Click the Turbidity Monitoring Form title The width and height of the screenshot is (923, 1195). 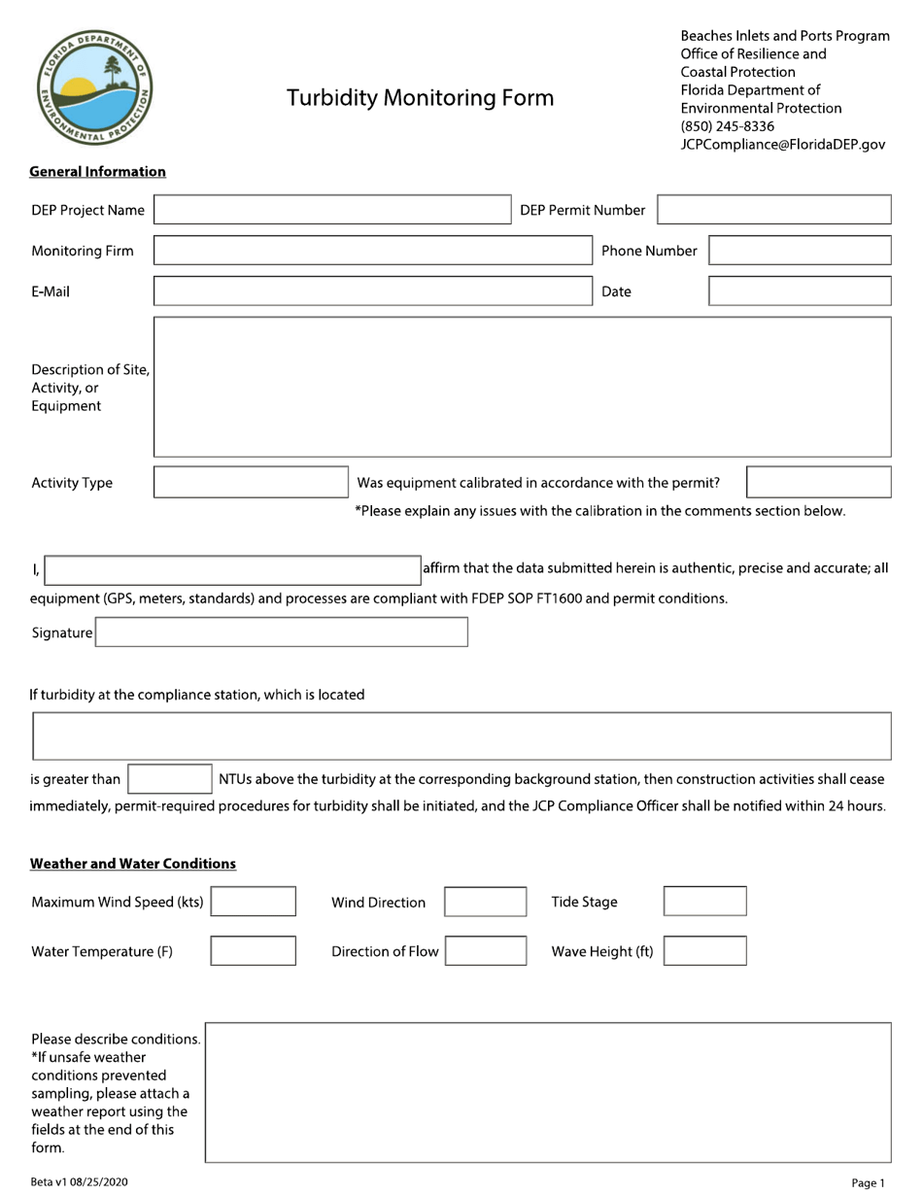point(420,98)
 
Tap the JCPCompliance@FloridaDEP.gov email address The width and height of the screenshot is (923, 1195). point(783,144)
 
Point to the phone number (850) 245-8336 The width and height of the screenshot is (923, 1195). point(728,126)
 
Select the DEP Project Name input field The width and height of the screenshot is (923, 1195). point(331,210)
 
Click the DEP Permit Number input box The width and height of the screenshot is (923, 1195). point(774,210)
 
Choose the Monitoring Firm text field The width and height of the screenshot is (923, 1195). point(372,251)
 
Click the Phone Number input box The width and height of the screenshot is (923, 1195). point(800,251)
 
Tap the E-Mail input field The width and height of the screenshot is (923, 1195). point(372,291)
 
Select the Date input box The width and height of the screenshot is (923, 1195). point(800,291)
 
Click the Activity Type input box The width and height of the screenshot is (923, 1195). point(251,483)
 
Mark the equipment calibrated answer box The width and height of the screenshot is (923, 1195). point(818,483)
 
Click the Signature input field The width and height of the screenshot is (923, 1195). point(281,632)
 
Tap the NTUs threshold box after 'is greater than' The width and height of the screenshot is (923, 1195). point(170,779)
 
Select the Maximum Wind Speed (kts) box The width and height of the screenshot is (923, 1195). point(254,902)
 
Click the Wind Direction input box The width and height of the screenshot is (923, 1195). point(486,902)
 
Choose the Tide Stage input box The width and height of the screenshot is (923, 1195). point(705,902)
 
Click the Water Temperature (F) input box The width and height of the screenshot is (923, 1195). point(254,951)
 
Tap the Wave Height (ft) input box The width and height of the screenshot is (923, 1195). point(705,951)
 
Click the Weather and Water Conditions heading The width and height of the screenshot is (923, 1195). point(133,864)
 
